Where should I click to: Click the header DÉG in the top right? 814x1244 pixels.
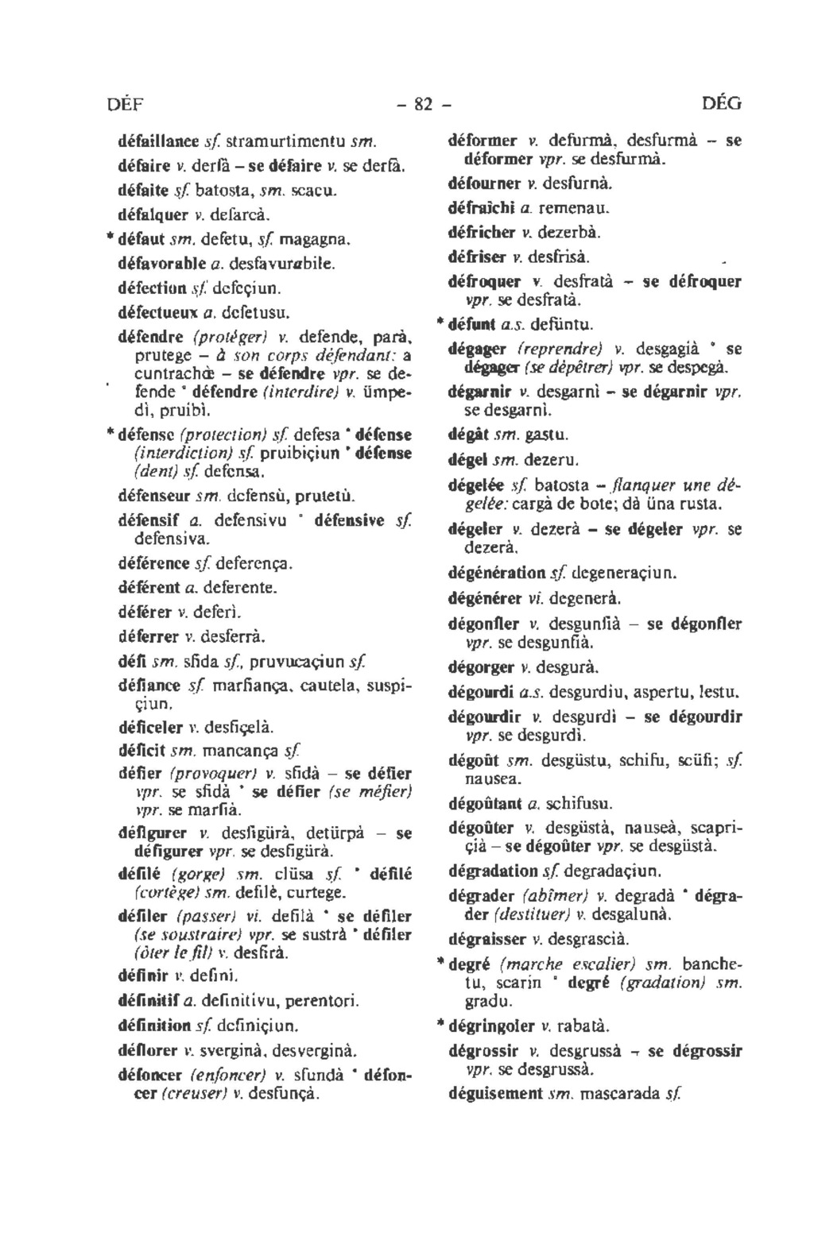722,103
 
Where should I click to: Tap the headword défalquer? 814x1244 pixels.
153,214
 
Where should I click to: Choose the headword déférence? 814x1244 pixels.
154,564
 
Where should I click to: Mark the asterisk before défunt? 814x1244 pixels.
439,325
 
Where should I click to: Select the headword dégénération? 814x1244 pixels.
497,572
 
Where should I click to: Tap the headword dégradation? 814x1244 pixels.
494,870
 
